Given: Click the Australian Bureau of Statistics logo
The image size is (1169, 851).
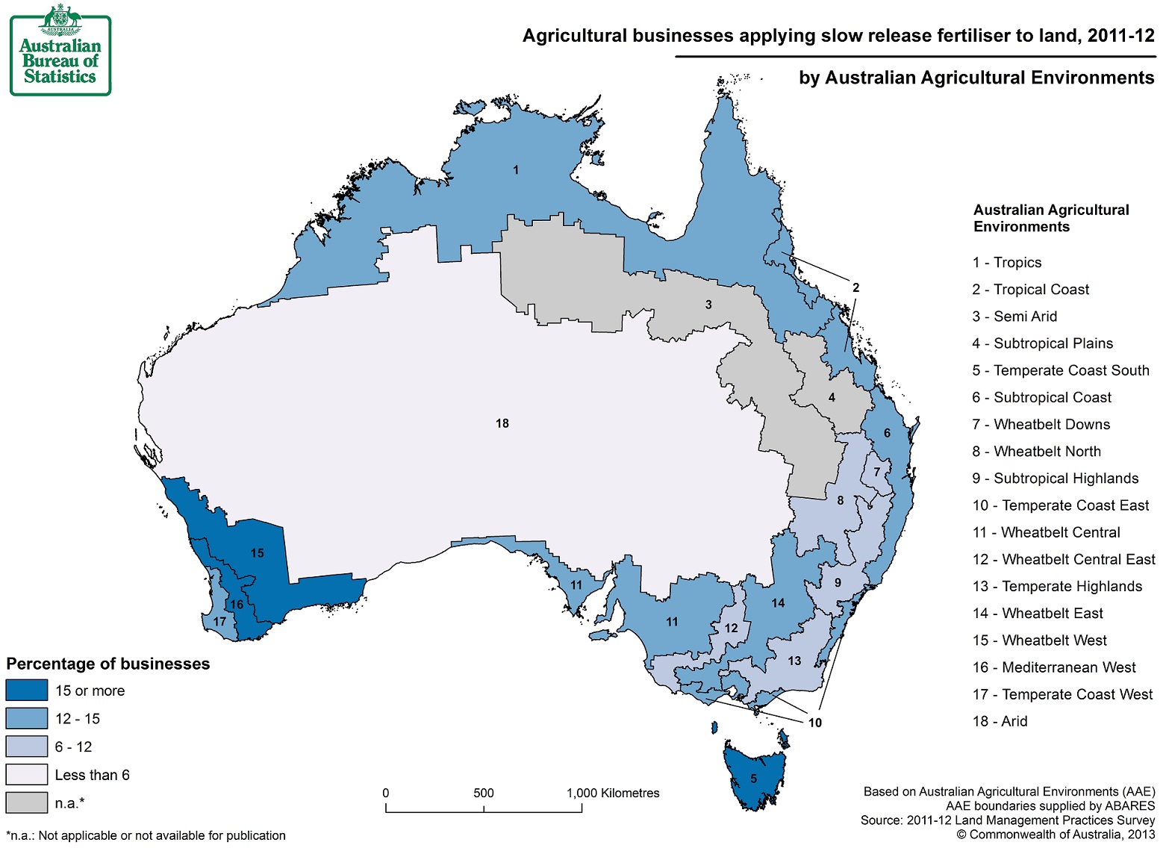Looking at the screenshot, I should pos(60,51).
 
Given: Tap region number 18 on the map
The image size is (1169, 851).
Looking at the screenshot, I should pos(502,423).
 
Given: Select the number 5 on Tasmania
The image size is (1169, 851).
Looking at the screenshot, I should pos(753,779).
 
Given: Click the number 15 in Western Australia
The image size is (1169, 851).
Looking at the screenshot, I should pos(257,553).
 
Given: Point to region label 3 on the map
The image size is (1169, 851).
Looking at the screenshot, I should pos(708,305).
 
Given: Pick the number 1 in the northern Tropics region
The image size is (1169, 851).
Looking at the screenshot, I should pos(515,170).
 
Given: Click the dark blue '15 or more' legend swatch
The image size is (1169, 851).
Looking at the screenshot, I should pos(26,691).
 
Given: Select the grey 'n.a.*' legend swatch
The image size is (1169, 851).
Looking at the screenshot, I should pos(26,802).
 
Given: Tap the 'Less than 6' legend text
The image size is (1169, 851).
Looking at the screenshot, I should pos(92,775).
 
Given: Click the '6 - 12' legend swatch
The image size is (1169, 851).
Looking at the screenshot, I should pos(26,746).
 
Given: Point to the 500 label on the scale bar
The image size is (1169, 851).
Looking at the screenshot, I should pos(483,793).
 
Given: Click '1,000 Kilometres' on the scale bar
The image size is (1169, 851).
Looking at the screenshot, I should pos(612,793).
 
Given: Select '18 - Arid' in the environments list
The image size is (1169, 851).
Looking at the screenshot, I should pos(1000,721).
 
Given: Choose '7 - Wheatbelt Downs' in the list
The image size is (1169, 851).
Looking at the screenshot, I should pos(1041,424).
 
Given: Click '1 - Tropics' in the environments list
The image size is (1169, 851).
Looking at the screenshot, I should pos(1006,262).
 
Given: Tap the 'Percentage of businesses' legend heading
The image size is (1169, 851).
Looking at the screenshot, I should pos(108,664).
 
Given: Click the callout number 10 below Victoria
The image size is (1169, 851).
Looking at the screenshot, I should pos(814,723).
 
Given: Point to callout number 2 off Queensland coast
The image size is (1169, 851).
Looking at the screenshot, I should pos(855,287).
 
